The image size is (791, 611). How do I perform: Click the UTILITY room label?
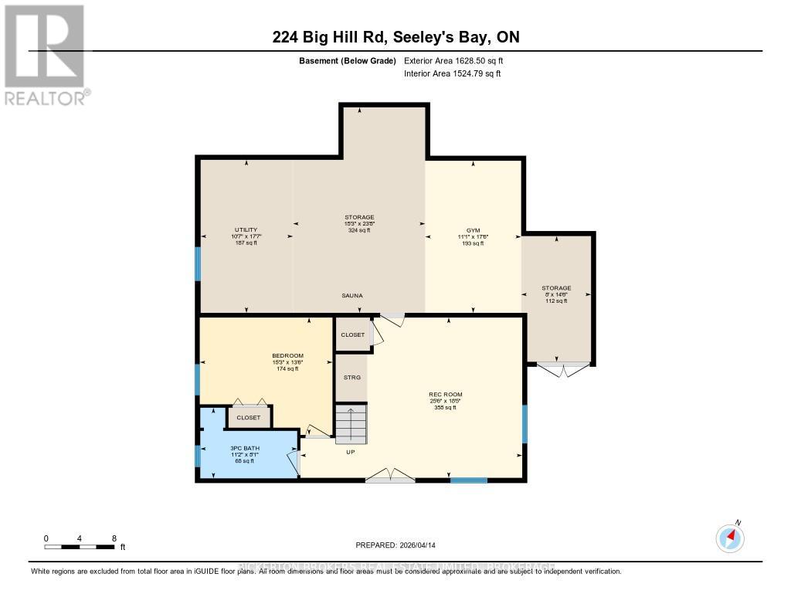click(x=246, y=229)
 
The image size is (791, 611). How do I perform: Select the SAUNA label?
click(x=352, y=296)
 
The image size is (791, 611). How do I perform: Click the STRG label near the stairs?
click(x=351, y=377)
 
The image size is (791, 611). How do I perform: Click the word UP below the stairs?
click(x=351, y=452)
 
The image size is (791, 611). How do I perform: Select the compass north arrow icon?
click(x=730, y=537)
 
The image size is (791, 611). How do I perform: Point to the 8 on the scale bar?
click(x=114, y=538)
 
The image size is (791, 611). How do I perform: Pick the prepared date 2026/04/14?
click(x=395, y=545)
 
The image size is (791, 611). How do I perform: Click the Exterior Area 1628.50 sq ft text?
click(x=453, y=60)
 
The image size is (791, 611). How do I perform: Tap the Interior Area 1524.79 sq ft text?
click(x=452, y=74)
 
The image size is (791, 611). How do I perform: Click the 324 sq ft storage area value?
click(x=359, y=230)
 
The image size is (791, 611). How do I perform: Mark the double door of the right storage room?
click(x=563, y=369)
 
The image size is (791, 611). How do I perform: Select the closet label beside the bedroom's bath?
click(x=249, y=417)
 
